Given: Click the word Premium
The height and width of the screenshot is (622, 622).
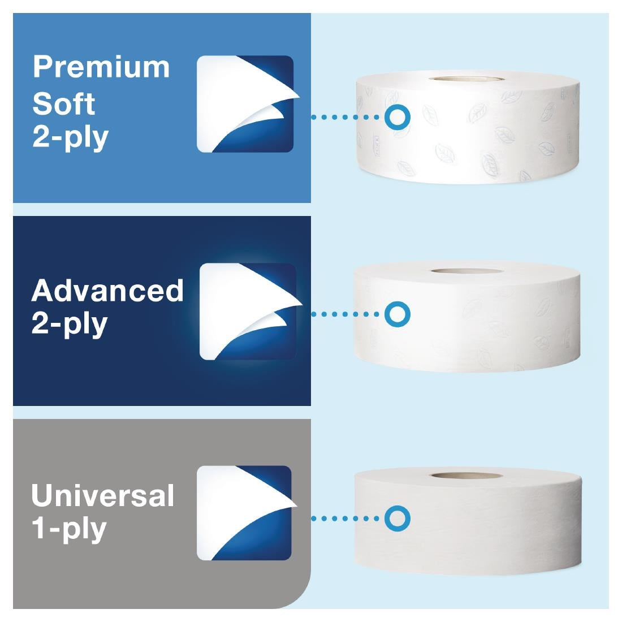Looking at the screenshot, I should (101, 67).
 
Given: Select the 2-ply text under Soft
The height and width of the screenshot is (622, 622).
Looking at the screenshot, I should (70, 137).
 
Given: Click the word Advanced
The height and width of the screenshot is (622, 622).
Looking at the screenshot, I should (107, 291).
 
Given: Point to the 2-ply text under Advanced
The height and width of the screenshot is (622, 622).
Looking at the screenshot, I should (69, 324).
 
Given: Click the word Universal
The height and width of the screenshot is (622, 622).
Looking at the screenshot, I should (102, 495).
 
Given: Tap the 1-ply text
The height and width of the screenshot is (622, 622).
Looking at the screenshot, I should (68, 529).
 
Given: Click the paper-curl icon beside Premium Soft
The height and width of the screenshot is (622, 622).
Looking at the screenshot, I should (245, 104).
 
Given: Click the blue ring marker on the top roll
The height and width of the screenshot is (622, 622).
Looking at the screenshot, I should (397, 117).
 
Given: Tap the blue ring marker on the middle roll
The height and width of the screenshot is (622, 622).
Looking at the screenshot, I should (397, 314).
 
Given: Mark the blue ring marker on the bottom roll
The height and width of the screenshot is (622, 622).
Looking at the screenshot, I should (397, 518).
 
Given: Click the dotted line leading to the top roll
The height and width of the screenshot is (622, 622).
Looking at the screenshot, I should (346, 117).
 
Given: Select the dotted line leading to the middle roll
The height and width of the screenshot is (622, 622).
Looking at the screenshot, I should (346, 314).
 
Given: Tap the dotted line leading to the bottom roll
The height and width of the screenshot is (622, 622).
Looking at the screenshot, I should (346, 518).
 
